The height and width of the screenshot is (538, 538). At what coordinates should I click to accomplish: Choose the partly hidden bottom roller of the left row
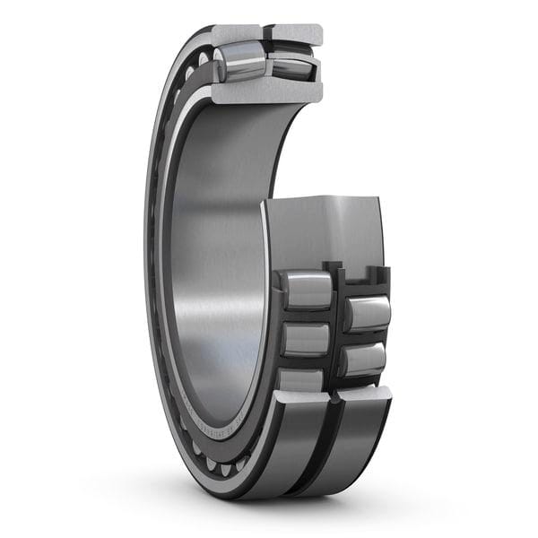tap(300, 379)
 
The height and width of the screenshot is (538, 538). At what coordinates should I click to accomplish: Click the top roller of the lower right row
tap(368, 313)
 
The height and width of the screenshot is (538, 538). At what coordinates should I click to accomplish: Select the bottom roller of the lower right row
tap(363, 360)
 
